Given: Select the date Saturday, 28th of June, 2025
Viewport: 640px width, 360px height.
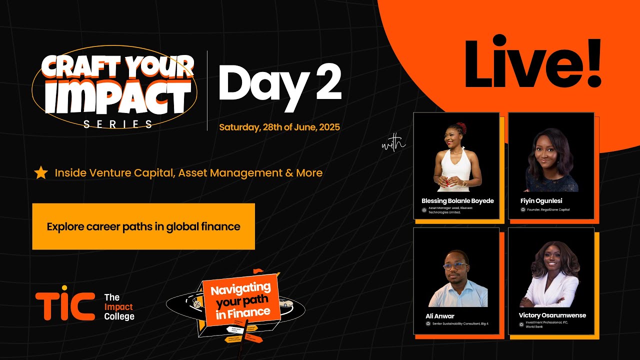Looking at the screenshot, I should coord(279,127).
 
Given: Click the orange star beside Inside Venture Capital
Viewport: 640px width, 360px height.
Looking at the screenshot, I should coord(40,173).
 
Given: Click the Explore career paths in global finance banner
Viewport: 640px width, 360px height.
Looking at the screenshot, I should coord(143,226).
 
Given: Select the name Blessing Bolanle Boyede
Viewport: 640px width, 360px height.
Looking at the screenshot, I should coord(457,201).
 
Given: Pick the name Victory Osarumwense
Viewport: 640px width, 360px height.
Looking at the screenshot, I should coord(552,315).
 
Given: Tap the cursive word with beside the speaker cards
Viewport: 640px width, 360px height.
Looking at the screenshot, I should coord(393,145).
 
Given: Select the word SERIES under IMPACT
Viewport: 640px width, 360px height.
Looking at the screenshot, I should coord(118,124).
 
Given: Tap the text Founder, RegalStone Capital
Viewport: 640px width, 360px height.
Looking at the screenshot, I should coord(548,209).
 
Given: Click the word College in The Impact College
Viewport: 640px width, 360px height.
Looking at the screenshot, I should coord(119,316).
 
